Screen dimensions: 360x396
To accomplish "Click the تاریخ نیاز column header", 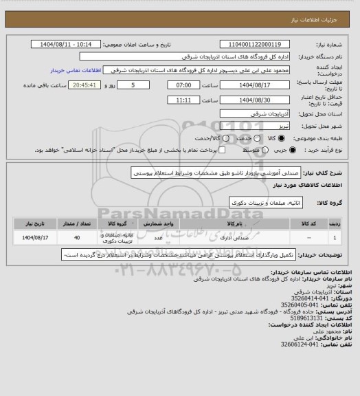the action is (x=32, y=223).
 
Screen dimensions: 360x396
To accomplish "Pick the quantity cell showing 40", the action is (x=76, y=238).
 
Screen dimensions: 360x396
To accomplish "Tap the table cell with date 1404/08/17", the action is (x=32, y=238).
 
